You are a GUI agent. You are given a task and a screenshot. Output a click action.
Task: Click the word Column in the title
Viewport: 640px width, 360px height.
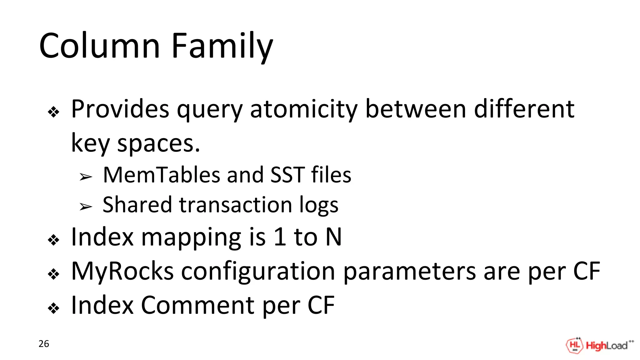coord(99,46)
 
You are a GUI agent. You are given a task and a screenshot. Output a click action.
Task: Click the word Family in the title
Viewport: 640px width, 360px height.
coord(222,46)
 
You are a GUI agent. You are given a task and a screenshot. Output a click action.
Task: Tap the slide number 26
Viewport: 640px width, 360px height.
coord(44,344)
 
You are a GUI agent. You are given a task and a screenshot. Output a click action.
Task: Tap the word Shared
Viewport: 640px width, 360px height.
coord(137,205)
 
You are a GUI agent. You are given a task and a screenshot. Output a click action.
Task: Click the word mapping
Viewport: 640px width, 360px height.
coord(191,237)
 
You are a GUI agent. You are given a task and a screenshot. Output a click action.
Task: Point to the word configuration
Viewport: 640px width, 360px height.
coord(258,271)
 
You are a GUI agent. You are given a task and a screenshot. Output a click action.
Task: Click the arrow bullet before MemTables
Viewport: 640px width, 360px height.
coord(86,177)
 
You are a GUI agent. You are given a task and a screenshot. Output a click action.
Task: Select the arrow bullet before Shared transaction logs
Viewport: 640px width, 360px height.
coord(86,207)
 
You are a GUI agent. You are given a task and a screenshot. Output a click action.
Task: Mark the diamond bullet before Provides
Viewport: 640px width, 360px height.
coord(53,112)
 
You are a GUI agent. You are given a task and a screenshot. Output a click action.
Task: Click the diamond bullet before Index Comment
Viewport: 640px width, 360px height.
coord(53,308)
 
